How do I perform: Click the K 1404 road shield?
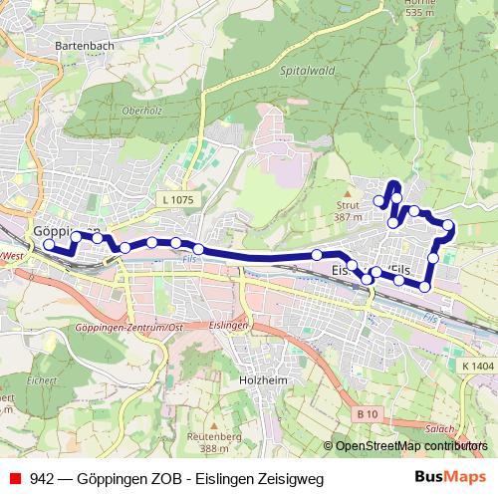coord(478,368)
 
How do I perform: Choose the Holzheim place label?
coord(264,379)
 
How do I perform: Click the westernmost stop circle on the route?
coord(50,244)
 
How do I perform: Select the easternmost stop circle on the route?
coord(448,225)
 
